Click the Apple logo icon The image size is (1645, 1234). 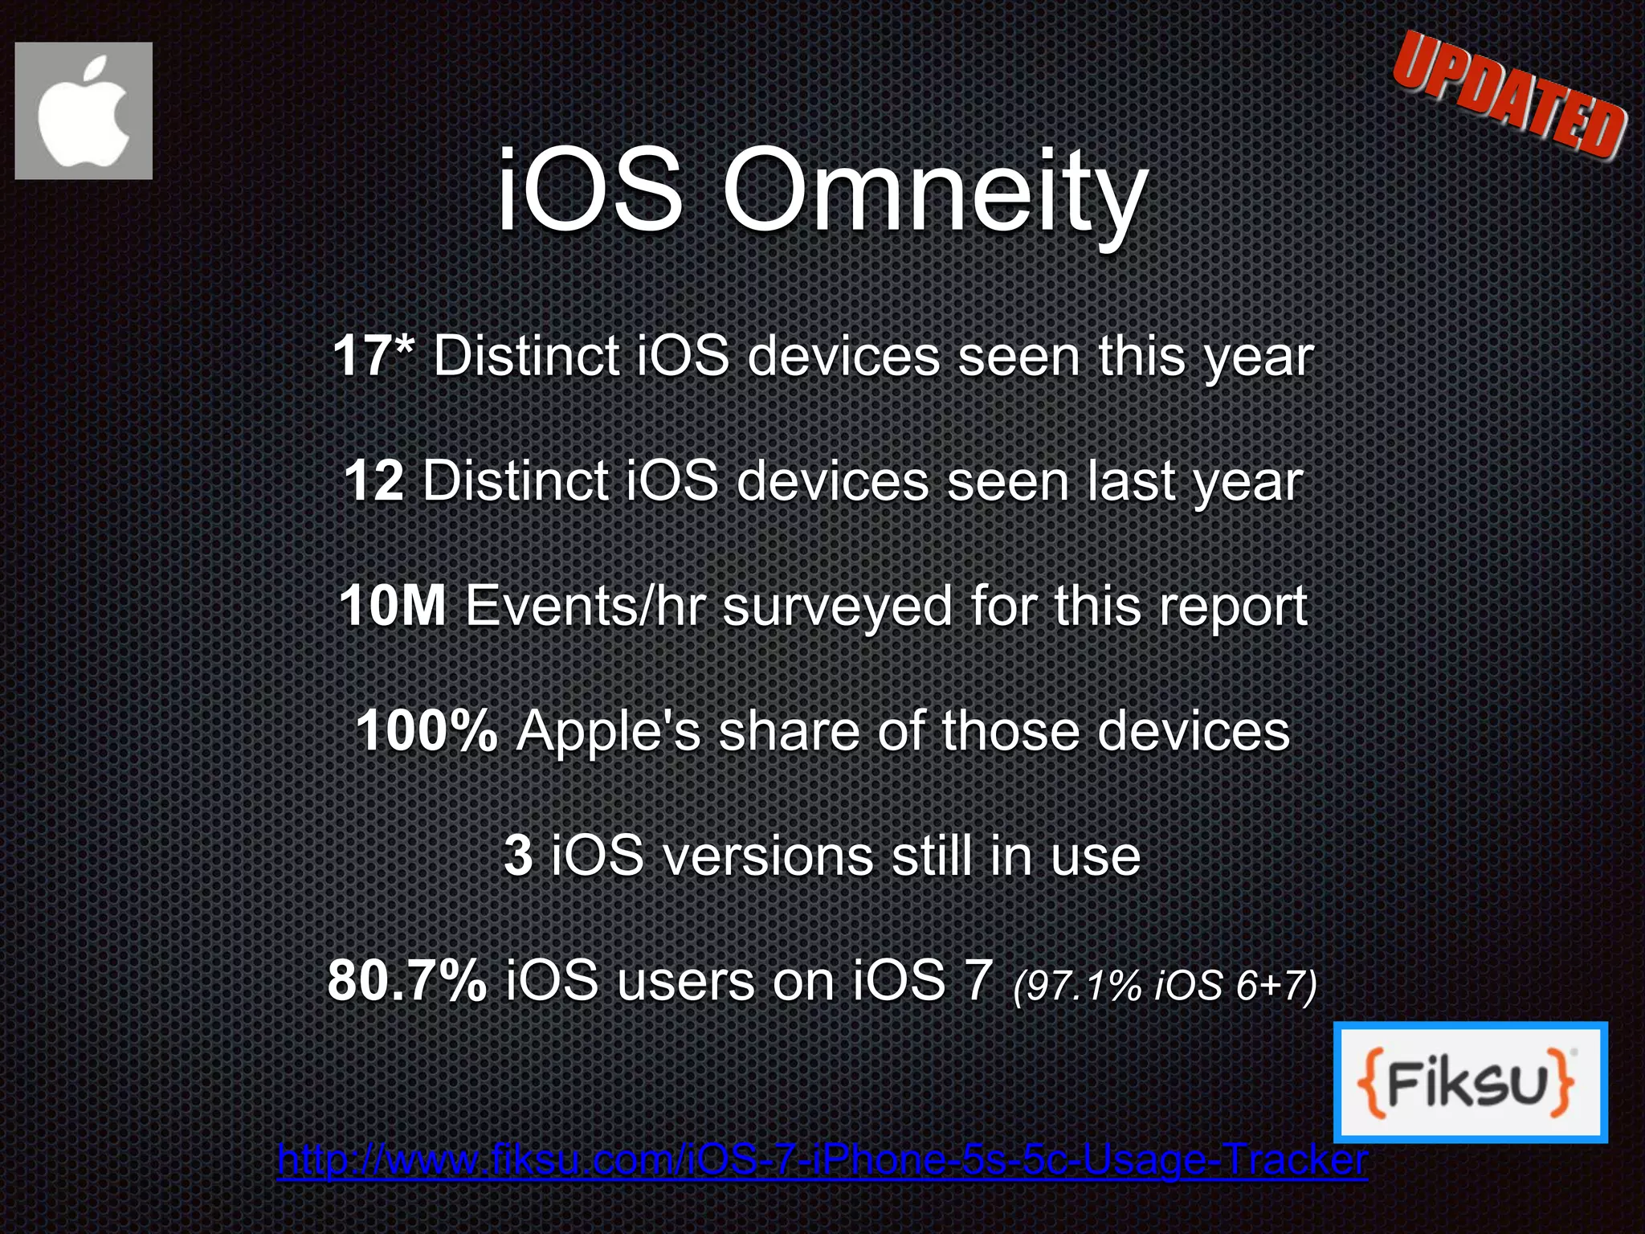pos(84,111)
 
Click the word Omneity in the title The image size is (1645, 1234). pos(935,193)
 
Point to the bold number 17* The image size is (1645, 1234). pos(374,355)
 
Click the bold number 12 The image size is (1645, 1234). pos(373,480)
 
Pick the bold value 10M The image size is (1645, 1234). pos(393,606)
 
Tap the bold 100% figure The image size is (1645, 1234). pos(427,731)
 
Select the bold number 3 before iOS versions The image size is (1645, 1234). pos(518,856)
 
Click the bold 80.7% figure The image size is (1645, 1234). pos(406,981)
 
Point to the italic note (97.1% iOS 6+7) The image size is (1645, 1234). pos(1165,985)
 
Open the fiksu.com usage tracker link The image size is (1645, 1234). pos(822,1159)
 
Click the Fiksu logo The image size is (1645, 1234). pos(1469,1081)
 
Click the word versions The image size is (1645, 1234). pos(768,856)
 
